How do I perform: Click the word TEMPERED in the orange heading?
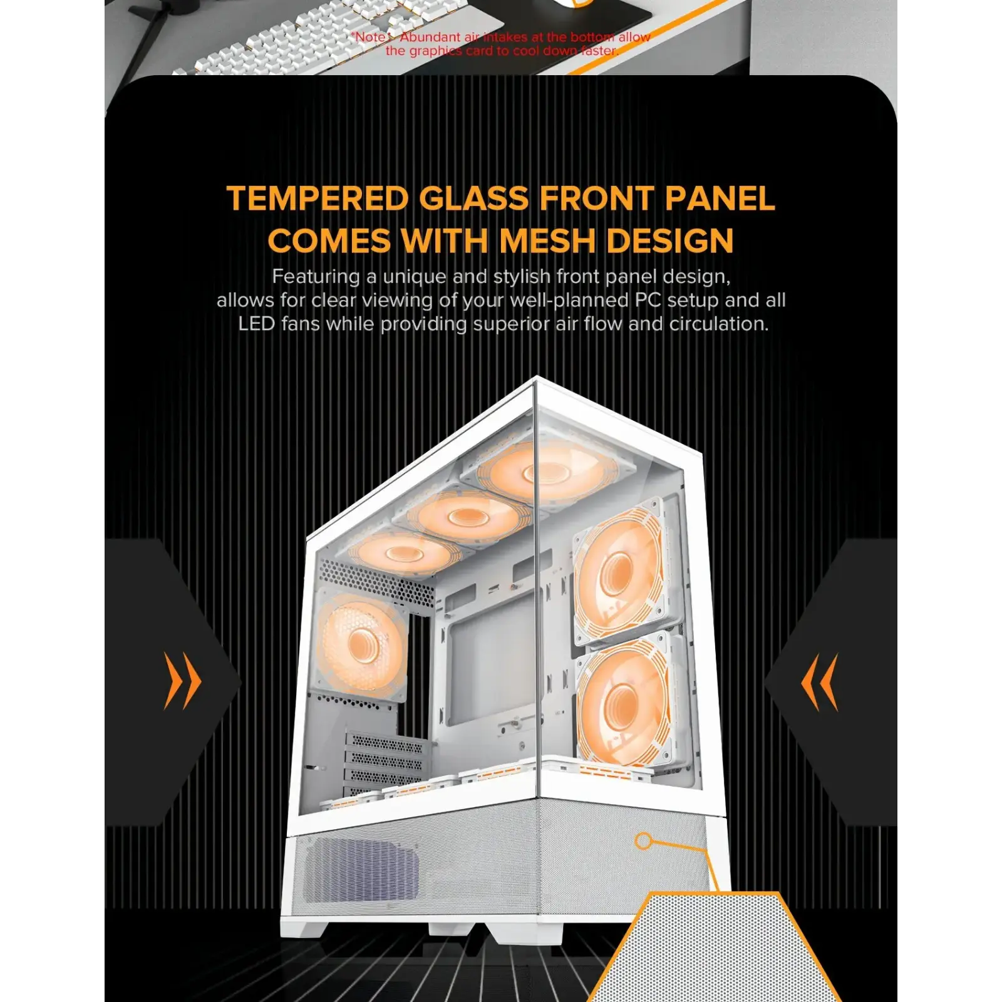click(x=318, y=199)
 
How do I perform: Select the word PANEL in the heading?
click(x=720, y=199)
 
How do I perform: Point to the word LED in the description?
click(x=256, y=324)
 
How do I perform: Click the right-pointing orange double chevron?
click(x=182, y=681)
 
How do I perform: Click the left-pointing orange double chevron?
click(x=820, y=682)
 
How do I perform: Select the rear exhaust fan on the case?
click(x=361, y=645)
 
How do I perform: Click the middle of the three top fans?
click(x=465, y=517)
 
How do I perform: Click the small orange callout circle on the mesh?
click(x=643, y=840)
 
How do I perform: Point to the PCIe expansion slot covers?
click(x=383, y=761)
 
